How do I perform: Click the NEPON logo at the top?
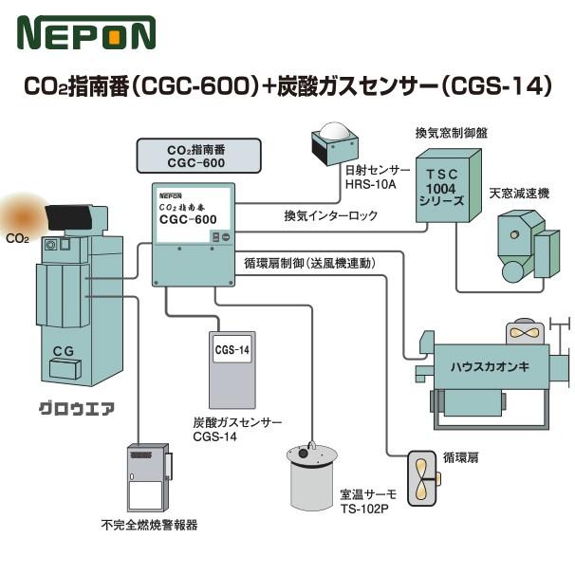point(85,33)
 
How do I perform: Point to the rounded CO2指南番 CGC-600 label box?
point(195,156)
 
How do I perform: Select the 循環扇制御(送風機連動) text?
point(309,263)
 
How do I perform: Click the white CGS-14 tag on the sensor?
point(232,350)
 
